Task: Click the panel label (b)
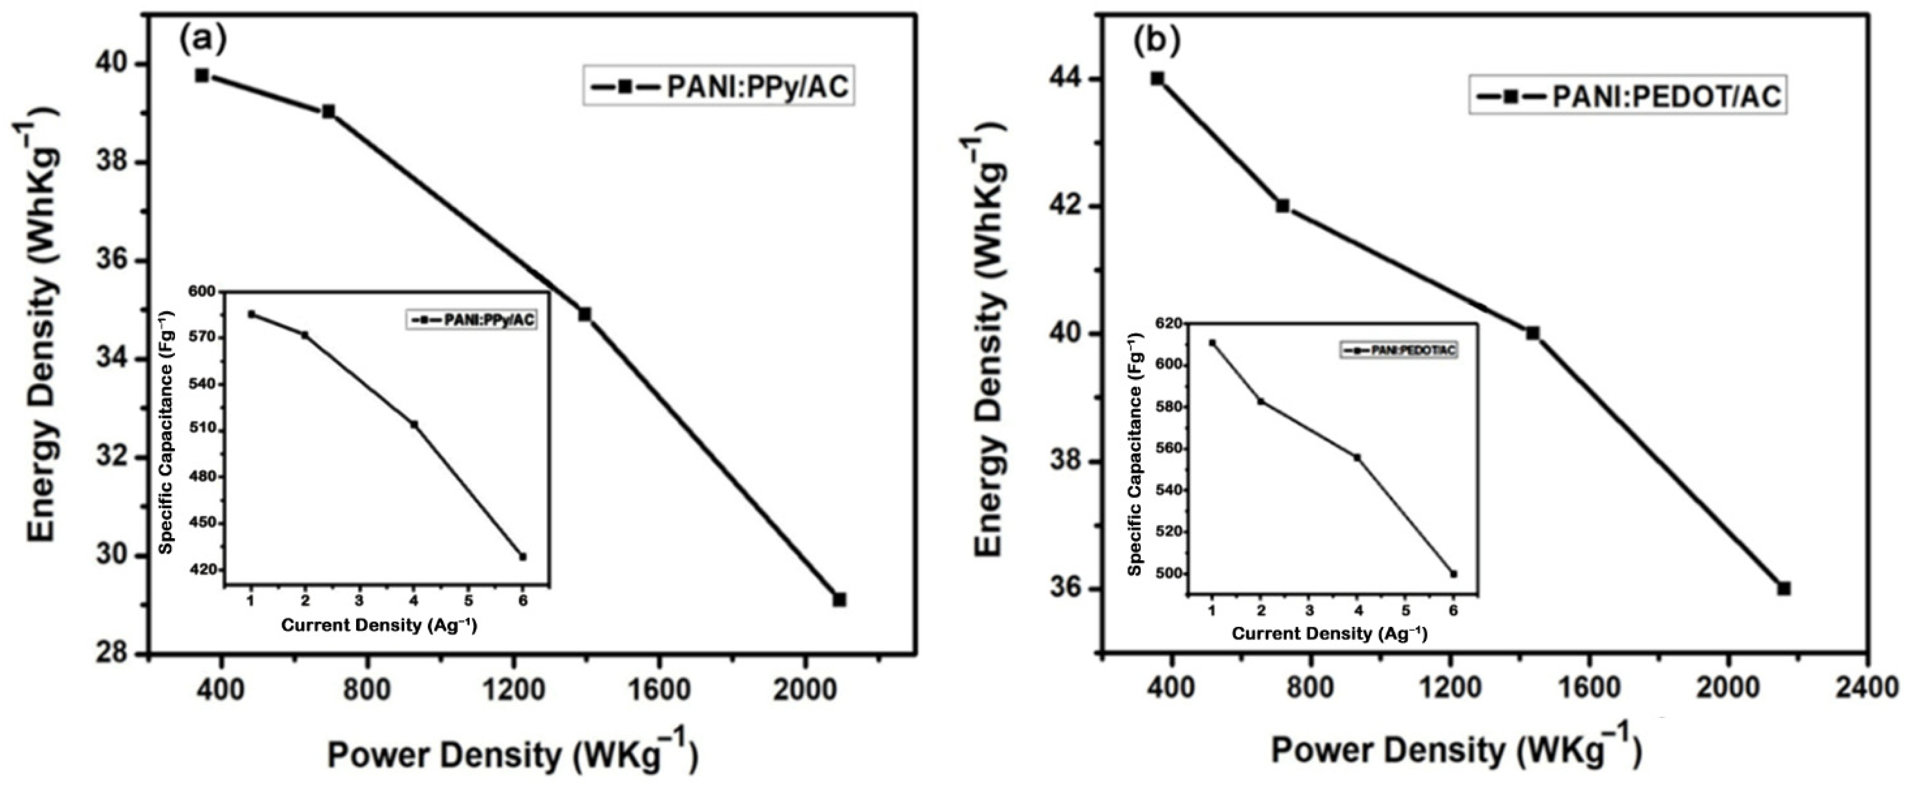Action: pos(1156,42)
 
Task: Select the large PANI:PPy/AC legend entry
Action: pos(718,87)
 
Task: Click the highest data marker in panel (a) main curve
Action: pos(202,76)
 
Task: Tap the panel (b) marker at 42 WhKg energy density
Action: pos(1282,206)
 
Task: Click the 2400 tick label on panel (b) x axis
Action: pos(1867,688)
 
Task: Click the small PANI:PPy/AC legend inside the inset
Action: pos(471,320)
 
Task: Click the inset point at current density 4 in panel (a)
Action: pos(414,425)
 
